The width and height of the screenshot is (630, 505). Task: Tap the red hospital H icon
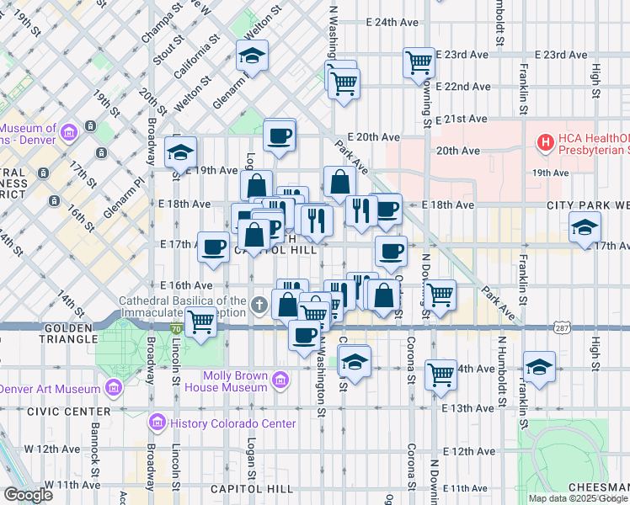[x=546, y=143]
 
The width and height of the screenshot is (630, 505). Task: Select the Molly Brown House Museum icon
[x=281, y=381]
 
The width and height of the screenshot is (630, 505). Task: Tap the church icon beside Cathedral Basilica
[x=262, y=305]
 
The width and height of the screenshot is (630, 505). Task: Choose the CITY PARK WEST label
[x=587, y=205]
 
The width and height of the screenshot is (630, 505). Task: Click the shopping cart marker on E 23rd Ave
[x=419, y=62]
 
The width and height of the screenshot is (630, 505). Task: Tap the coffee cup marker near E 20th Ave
[x=279, y=135]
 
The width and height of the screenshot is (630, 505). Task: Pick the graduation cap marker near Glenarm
[x=252, y=56]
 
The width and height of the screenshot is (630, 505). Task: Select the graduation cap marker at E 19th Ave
[x=180, y=152]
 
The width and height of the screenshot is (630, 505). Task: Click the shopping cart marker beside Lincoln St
[x=200, y=322]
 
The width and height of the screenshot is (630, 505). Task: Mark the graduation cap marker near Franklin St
[x=539, y=367]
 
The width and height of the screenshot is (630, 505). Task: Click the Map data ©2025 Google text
[x=578, y=498]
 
